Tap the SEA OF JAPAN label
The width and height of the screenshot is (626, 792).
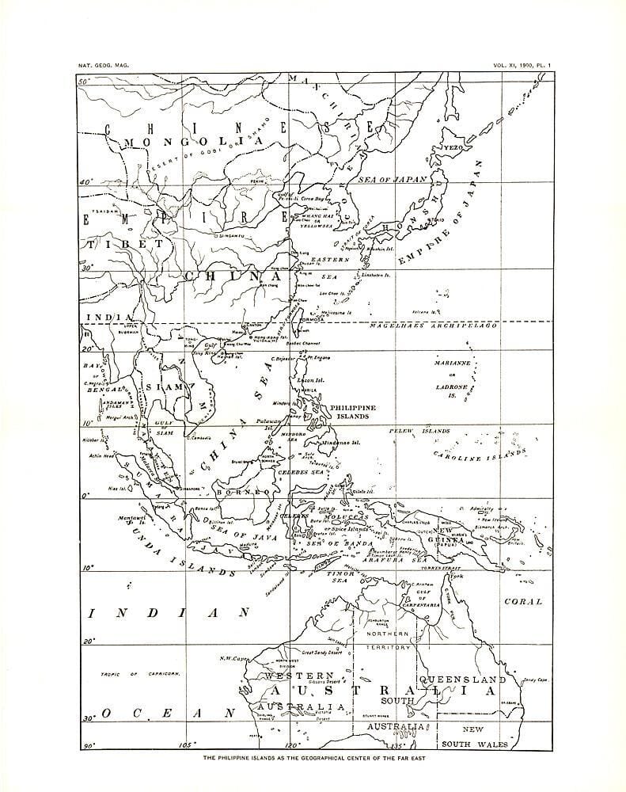tap(393, 180)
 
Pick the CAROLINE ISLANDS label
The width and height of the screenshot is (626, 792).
tap(479, 456)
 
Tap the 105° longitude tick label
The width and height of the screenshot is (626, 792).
tap(188, 744)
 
